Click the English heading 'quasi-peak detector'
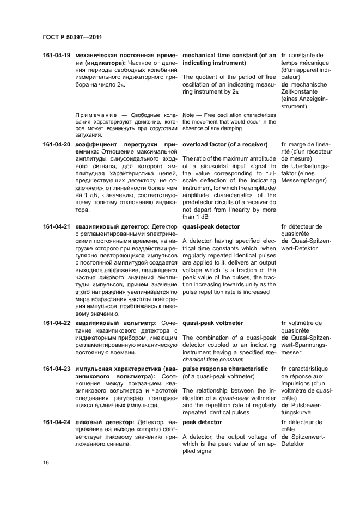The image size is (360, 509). pos(211,226)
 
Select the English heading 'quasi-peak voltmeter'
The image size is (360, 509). pos(212,323)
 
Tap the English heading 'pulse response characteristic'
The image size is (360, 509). pos(225,369)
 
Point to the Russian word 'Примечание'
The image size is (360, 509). pos(94,114)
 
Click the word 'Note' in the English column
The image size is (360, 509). pos(188,114)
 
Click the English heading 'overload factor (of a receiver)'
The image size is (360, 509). pos(225,144)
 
